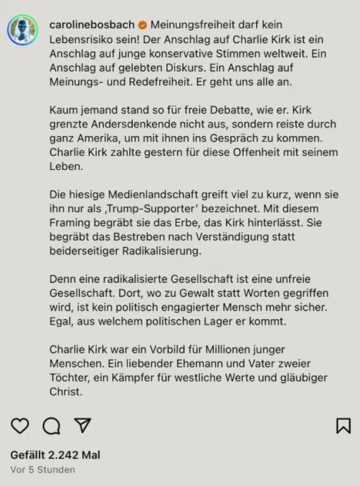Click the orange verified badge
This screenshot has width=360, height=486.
(x=143, y=25)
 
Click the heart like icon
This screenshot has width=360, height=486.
(x=20, y=425)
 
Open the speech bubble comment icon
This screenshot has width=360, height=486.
(x=52, y=425)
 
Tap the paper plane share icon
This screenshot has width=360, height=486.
(x=83, y=425)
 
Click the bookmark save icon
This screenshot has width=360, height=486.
(x=343, y=425)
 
